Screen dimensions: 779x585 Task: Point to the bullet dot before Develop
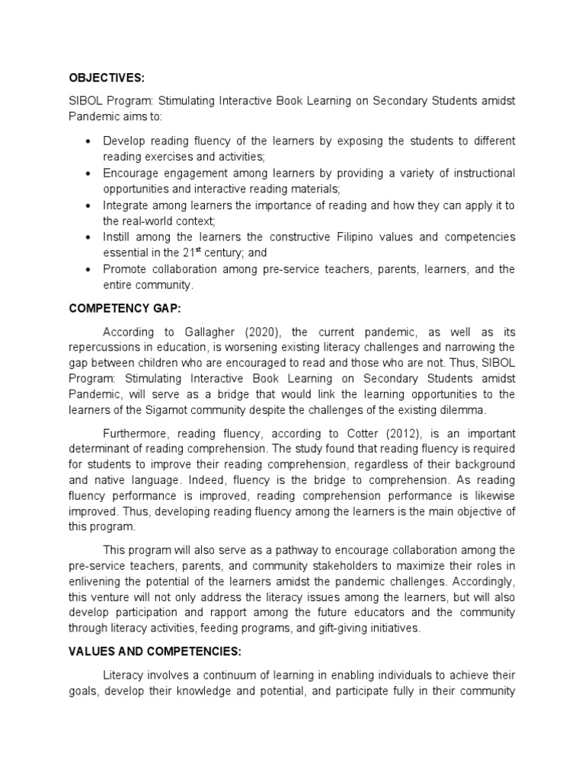[x=91, y=141]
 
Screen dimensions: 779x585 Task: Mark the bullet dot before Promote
[x=91, y=269]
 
